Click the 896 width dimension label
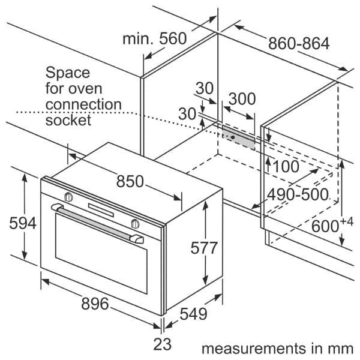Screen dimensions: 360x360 pos(95,304)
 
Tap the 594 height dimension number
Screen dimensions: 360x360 pos(23,223)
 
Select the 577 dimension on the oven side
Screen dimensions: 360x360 pos(204,248)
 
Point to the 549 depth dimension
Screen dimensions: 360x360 pos(193,314)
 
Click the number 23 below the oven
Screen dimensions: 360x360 pos(163,344)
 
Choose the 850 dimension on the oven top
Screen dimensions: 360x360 pos(130,181)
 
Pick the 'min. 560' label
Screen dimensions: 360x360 pos(155,38)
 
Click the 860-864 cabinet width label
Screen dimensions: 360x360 pos(299,43)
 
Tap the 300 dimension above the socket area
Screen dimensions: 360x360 pos(242,99)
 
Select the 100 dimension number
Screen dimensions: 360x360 pos(286,166)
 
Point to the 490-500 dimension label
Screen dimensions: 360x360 pos(298,194)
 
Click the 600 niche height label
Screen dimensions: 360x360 pos(325,226)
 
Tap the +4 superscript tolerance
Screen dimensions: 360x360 pos(347,222)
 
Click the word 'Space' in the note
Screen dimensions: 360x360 pos(68,73)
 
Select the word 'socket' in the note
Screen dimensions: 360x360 pos(68,120)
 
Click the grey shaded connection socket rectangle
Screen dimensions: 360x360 pos(238,137)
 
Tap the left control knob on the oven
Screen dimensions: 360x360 pos(68,197)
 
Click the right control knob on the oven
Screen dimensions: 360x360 pos(135,224)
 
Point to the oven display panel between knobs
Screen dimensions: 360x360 pos(101,211)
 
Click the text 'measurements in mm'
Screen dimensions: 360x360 pos(277,349)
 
